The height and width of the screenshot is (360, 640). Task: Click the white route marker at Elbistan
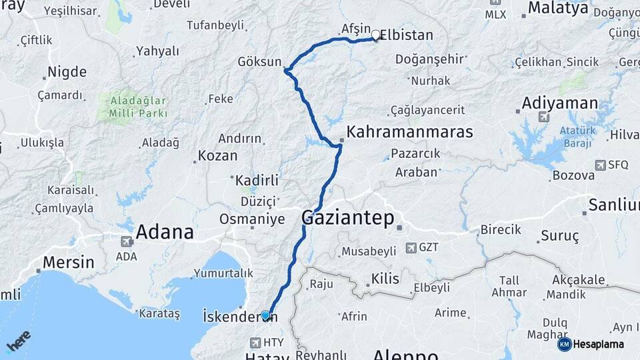[x=375, y=35]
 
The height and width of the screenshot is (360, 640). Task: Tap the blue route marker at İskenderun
[x=265, y=315]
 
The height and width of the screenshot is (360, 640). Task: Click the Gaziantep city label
[x=347, y=217]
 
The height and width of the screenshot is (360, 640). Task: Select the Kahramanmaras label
[x=410, y=131]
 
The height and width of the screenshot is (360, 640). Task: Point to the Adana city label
[x=165, y=232]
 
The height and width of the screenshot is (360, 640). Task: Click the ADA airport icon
[x=126, y=241]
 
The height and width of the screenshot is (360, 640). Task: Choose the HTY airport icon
[x=255, y=343]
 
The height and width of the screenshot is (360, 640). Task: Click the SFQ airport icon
[x=601, y=165]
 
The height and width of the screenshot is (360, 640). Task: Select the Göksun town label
[x=261, y=62]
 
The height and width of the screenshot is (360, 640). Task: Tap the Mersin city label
[x=68, y=262]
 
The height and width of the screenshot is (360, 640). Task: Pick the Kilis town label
[x=385, y=279]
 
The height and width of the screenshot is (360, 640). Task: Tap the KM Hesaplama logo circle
[x=564, y=344]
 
